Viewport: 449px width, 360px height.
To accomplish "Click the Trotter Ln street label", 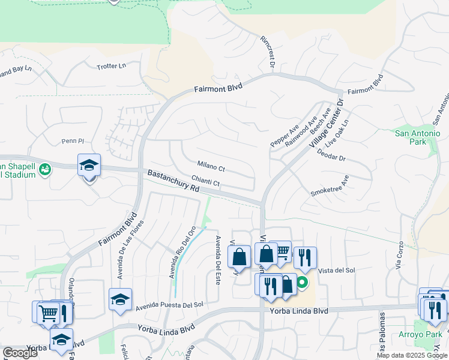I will click(112, 66).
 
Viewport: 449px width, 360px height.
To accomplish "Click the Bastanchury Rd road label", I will click(173, 181).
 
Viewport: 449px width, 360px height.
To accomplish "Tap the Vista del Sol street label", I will click(337, 271).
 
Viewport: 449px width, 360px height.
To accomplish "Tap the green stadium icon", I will click(45, 170).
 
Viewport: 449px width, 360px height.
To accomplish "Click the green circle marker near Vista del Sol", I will click(303, 282).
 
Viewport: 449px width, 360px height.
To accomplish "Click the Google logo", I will click(20, 353).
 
